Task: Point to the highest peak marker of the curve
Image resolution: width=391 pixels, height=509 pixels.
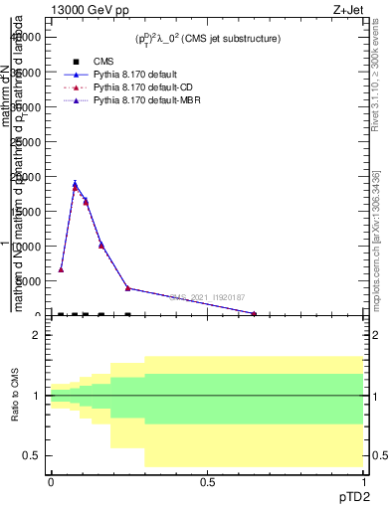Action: point(75,186)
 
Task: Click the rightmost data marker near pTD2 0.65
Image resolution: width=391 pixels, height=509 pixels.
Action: point(254,314)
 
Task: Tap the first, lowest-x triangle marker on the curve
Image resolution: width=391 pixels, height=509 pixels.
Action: point(61,269)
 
